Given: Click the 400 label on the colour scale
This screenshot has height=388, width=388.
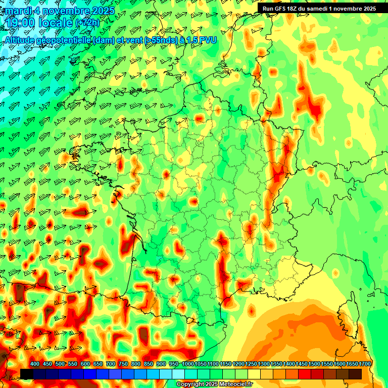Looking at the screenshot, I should coord(35,364).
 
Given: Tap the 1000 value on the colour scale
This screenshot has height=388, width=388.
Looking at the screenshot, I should coord(188,364).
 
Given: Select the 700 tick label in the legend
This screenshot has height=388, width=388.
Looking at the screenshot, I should coord(111,364).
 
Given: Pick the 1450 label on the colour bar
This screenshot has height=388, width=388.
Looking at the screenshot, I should coord(302,364).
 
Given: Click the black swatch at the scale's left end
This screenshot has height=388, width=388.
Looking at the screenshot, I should coord(27,374).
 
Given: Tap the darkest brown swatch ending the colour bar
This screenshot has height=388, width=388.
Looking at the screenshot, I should coord(355,374).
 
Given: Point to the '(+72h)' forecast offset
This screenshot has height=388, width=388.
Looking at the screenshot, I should coord(87,23).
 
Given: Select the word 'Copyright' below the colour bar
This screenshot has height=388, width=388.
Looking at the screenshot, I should coord(190,384).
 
